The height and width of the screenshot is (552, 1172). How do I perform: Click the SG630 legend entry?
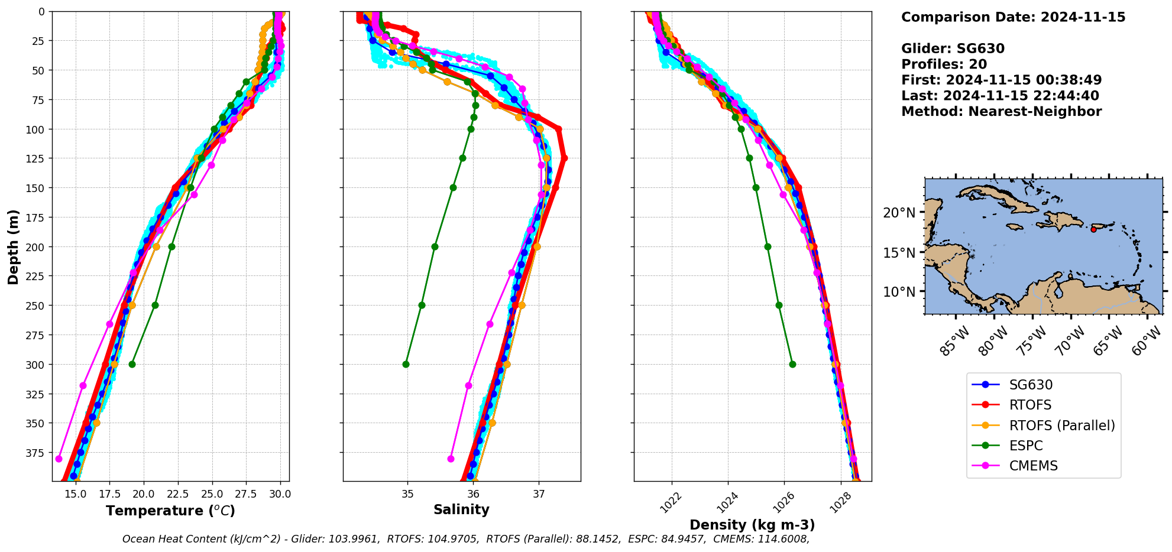[x=1031, y=385]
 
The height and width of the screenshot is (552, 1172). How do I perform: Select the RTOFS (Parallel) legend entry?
[x=1061, y=426]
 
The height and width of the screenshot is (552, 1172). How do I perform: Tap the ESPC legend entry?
[x=1025, y=446]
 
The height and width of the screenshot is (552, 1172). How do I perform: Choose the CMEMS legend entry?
[x=1032, y=466]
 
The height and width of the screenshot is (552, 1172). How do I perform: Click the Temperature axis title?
[x=170, y=511]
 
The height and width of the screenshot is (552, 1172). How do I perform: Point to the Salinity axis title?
[x=461, y=509]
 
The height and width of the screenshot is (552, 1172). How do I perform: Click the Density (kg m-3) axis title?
[x=752, y=525]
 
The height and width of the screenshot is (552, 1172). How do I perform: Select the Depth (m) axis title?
[x=13, y=246]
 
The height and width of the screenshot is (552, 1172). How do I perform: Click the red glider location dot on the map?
[x=1093, y=229]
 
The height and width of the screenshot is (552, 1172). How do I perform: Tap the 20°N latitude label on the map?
[x=899, y=213]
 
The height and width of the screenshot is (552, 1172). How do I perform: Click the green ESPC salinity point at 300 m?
[x=406, y=364]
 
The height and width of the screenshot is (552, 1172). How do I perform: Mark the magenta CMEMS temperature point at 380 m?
[x=59, y=459]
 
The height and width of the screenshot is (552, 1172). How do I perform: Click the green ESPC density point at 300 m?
[x=792, y=364]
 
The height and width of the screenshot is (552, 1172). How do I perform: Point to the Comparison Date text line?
[x=1013, y=17]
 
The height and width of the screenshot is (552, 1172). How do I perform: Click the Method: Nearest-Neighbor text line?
[x=1001, y=112]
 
